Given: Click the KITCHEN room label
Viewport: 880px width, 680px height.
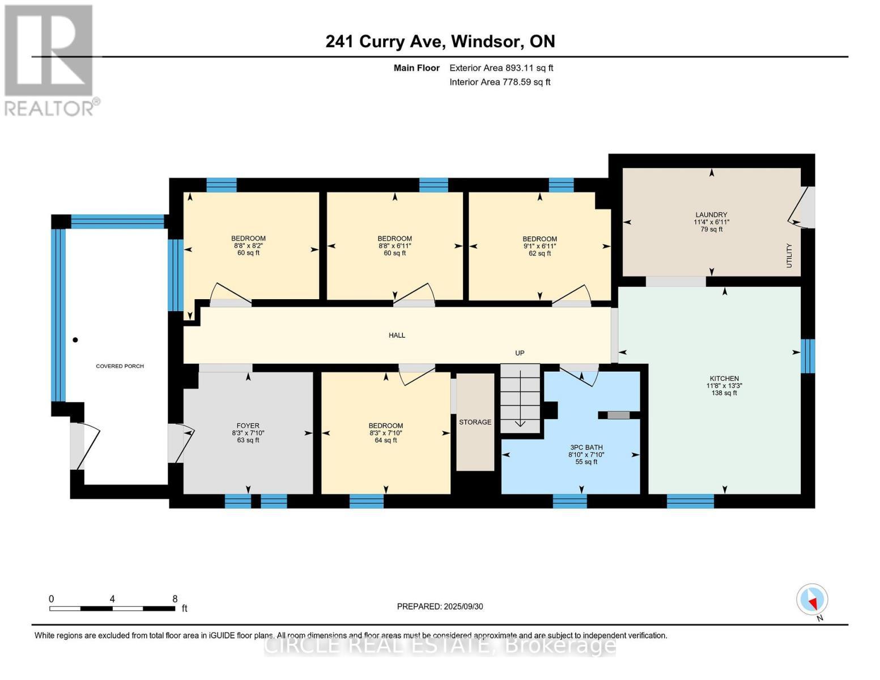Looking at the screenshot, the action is [x=724, y=379].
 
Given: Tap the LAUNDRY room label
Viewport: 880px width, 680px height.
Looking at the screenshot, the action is [x=711, y=215].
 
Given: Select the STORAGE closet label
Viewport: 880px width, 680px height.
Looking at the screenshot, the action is [x=475, y=422].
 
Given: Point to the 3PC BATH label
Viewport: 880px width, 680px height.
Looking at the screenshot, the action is [x=586, y=448].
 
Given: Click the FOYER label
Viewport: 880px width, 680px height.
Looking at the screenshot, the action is [x=248, y=426].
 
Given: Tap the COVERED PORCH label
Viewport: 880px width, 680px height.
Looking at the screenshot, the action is [x=120, y=366].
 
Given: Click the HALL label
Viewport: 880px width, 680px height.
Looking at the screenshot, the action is [x=397, y=335].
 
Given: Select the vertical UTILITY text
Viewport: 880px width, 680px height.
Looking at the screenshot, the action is [x=789, y=256].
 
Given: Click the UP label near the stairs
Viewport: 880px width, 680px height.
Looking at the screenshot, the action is [x=520, y=353].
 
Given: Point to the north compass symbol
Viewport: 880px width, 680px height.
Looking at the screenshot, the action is [x=812, y=600].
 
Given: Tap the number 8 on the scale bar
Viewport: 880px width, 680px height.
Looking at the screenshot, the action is [x=175, y=598].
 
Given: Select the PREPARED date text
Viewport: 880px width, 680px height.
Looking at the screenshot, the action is [x=440, y=607].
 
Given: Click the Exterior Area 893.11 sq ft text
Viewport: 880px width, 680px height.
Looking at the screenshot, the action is [x=501, y=68].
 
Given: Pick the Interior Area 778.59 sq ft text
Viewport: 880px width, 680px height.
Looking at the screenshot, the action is [x=500, y=82].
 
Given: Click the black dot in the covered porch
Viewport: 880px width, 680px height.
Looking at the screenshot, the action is [x=75, y=340].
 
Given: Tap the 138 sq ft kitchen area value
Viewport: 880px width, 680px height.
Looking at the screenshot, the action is [x=724, y=393].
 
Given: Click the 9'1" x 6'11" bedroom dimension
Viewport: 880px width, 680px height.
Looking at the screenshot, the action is [x=539, y=246].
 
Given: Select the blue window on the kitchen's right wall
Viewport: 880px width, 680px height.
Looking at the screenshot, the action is [x=807, y=356].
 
